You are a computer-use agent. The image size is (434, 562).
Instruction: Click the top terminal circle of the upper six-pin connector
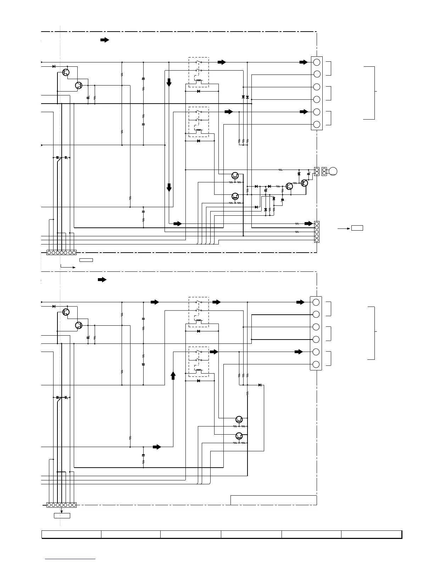point(317,62)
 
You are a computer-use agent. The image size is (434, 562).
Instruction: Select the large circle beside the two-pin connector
point(333,172)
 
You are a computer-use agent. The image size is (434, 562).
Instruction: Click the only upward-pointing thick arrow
point(173,376)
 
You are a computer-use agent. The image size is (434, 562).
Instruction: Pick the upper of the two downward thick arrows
point(169,82)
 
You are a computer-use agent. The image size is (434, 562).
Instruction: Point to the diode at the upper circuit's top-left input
point(54,66)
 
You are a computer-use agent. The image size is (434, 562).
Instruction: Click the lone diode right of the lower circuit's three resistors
point(260,385)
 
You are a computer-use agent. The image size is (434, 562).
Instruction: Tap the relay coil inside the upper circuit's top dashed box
point(199,81)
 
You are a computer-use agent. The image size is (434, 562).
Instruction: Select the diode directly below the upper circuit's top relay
point(198,92)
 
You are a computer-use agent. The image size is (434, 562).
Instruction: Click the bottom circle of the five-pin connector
point(317,240)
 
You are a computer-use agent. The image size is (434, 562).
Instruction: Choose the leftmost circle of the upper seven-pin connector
point(49,253)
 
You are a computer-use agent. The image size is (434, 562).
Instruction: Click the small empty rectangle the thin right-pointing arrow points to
point(357,228)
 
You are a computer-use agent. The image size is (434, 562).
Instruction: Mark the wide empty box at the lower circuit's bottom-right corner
point(273,500)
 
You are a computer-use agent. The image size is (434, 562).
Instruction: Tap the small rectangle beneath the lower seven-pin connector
point(62,516)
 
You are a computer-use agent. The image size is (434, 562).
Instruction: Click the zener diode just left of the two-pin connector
point(299,174)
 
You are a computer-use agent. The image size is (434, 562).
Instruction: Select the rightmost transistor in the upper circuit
point(304,183)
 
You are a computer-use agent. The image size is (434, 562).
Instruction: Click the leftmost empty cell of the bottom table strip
point(71,534)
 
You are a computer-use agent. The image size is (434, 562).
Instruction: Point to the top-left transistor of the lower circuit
point(66,312)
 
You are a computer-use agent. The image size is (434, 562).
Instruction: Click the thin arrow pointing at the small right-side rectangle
point(343,229)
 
